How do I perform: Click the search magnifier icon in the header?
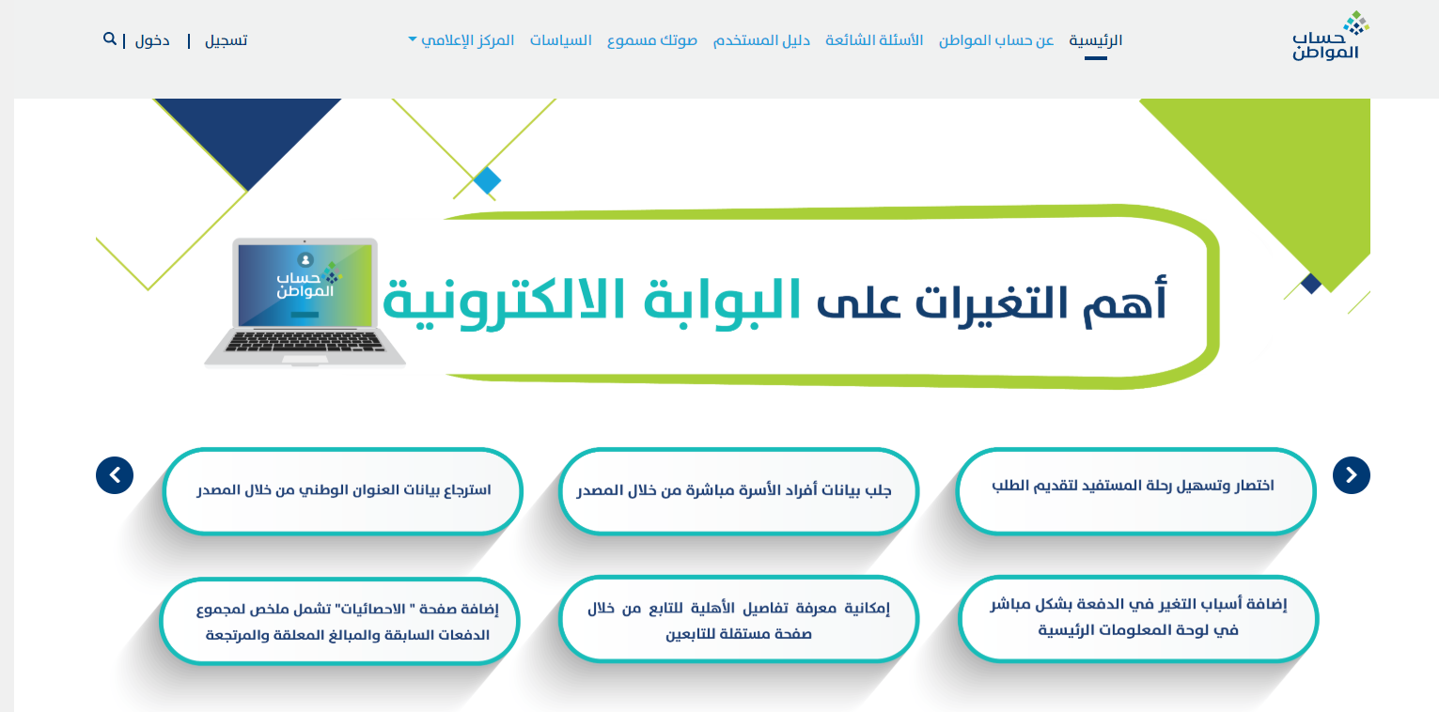(x=110, y=39)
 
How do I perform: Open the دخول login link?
(x=152, y=40)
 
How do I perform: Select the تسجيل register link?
(x=227, y=40)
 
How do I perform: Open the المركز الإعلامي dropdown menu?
(x=461, y=40)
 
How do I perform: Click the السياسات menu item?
(x=560, y=40)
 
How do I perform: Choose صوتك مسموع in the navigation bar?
(x=652, y=40)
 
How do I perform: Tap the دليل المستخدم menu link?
(x=761, y=40)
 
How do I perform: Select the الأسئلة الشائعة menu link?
(x=874, y=40)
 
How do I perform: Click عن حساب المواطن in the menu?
(x=996, y=40)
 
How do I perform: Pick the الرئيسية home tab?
(x=1096, y=40)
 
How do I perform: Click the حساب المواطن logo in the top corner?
(x=1329, y=36)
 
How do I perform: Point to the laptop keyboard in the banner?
(x=305, y=342)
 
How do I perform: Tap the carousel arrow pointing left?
(x=115, y=475)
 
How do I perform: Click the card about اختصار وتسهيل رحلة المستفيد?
(x=1135, y=491)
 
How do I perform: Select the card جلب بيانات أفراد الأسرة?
(x=738, y=491)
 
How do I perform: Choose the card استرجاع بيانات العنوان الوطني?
(x=342, y=491)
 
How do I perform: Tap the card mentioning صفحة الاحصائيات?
(x=340, y=621)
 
